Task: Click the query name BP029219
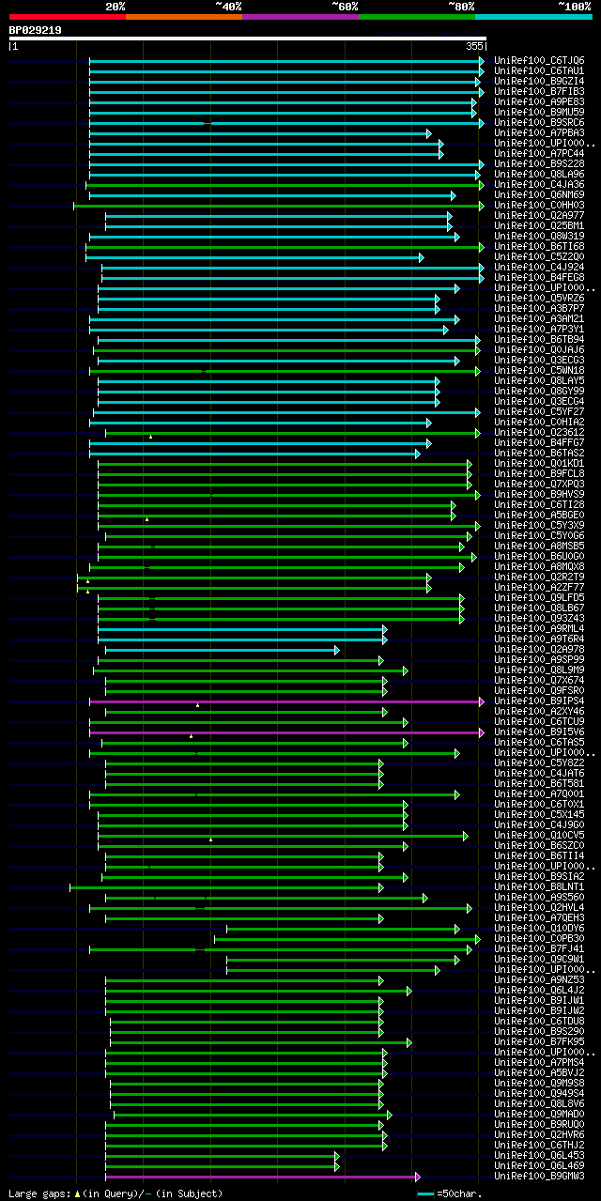click(x=36, y=30)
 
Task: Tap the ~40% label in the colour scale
click(x=228, y=6)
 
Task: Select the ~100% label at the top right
click(x=574, y=6)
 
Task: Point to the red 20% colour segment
click(x=67, y=16)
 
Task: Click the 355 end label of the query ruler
click(x=473, y=45)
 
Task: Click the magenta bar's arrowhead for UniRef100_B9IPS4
click(x=482, y=701)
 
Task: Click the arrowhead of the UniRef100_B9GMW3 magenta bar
click(x=417, y=1176)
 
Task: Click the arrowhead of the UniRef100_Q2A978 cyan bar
click(x=337, y=649)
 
